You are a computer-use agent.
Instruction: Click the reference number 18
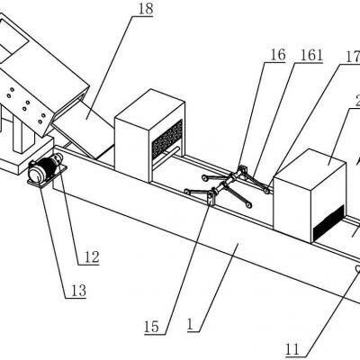[x=146, y=9]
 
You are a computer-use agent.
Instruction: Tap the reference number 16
[x=277, y=55]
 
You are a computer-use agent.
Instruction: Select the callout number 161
[x=311, y=55]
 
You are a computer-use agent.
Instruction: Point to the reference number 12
[x=92, y=257]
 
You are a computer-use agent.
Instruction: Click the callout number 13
[x=78, y=291]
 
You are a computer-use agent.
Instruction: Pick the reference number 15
[x=151, y=327]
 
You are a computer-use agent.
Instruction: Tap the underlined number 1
[x=190, y=325]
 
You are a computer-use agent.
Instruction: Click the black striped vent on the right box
[x=328, y=221]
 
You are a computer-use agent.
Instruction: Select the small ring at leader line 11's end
[x=357, y=268]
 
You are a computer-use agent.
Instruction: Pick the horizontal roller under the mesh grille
[x=166, y=156]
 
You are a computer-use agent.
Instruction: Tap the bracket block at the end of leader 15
[x=211, y=198]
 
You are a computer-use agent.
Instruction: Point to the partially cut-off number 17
[x=353, y=57]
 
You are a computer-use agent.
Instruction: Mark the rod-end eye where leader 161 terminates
[x=266, y=191]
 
